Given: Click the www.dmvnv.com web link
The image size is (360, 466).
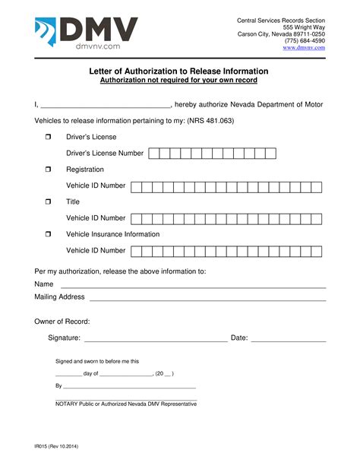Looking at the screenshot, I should (304, 47).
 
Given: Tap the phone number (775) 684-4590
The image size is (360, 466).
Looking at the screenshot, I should (305, 40).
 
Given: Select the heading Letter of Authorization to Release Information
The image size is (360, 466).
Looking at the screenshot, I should (179, 71).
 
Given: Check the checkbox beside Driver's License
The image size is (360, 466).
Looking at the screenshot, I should (47, 136).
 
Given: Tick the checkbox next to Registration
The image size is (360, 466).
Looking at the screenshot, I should (47, 170).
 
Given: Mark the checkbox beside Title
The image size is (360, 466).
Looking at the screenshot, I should (47, 202).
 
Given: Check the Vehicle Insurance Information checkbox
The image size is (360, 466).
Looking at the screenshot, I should (47, 235).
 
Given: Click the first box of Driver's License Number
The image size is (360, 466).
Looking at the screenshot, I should (154, 153).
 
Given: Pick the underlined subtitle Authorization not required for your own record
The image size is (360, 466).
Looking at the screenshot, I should (179, 80).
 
